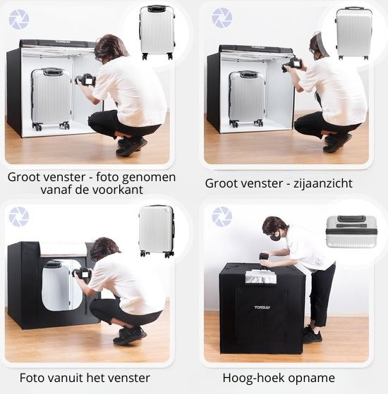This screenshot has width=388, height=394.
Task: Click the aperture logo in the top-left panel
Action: coord(19,19)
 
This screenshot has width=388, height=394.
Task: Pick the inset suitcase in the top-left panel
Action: coord(157,32)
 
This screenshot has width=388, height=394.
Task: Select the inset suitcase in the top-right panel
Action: coord(353,32)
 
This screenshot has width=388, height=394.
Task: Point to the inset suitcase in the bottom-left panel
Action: coord(157,230)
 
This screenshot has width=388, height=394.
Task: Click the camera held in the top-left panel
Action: coord(86,79)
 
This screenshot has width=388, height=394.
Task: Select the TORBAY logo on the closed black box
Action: coord(262,307)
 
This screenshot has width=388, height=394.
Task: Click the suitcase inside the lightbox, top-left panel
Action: coord(51,99)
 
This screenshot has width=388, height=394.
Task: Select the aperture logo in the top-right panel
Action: coord(222,18)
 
